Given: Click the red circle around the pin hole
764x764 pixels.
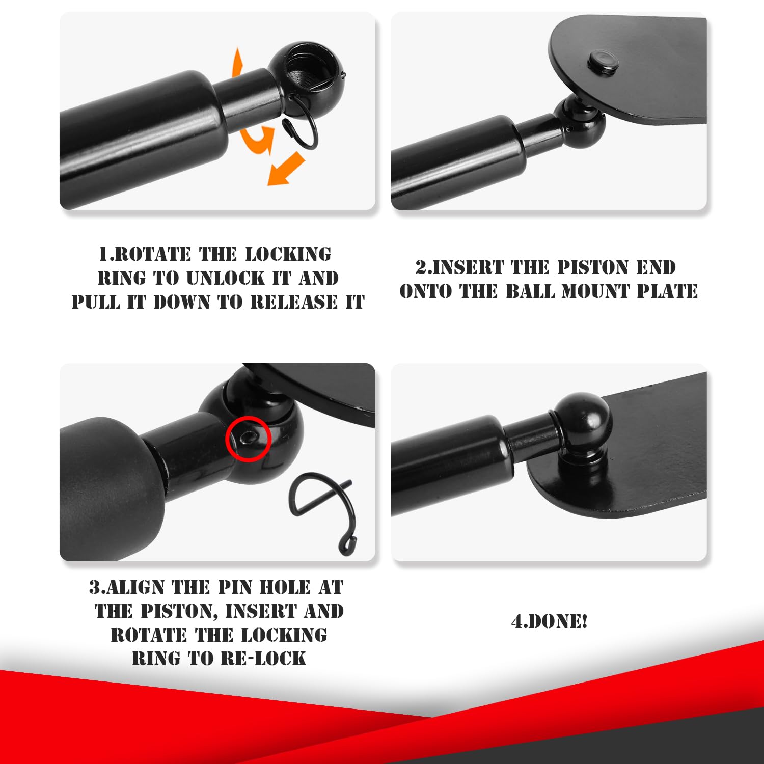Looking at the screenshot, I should click(248, 439).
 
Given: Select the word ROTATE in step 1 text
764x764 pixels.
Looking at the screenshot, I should click(153, 254).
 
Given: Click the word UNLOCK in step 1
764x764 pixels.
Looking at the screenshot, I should click(226, 278).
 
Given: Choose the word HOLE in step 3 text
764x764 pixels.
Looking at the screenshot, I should click(285, 587).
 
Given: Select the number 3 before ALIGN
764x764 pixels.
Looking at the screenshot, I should click(95, 587).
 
